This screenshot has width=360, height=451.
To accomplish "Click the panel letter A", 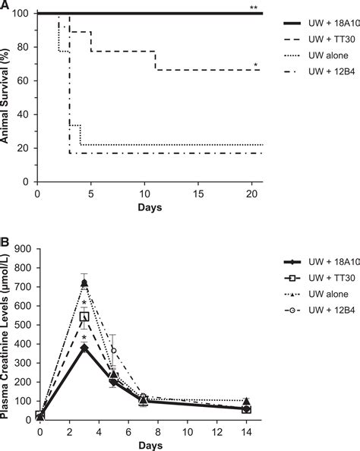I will click(x=5, y=5).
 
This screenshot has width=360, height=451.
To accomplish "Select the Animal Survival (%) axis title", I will click(x=7, y=97).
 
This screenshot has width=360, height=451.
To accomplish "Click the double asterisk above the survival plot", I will click(x=253, y=7).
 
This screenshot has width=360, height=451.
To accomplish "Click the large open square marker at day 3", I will click(x=84, y=317).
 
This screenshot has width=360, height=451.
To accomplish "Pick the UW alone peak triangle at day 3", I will click(x=84, y=283).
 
